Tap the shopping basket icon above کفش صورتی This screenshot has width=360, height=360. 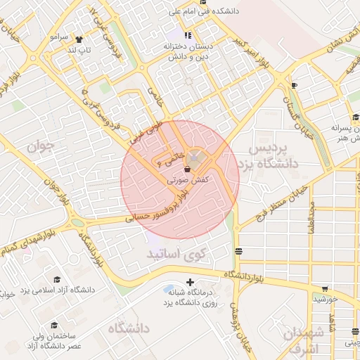[x=187, y=169]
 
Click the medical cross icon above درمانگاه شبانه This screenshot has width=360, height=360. [x=189, y=282]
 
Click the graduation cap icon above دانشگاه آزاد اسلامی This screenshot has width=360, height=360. [x=57, y=279]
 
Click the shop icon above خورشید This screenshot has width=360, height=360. [x=325, y=288]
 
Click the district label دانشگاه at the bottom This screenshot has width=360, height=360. [x=127, y=328]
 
